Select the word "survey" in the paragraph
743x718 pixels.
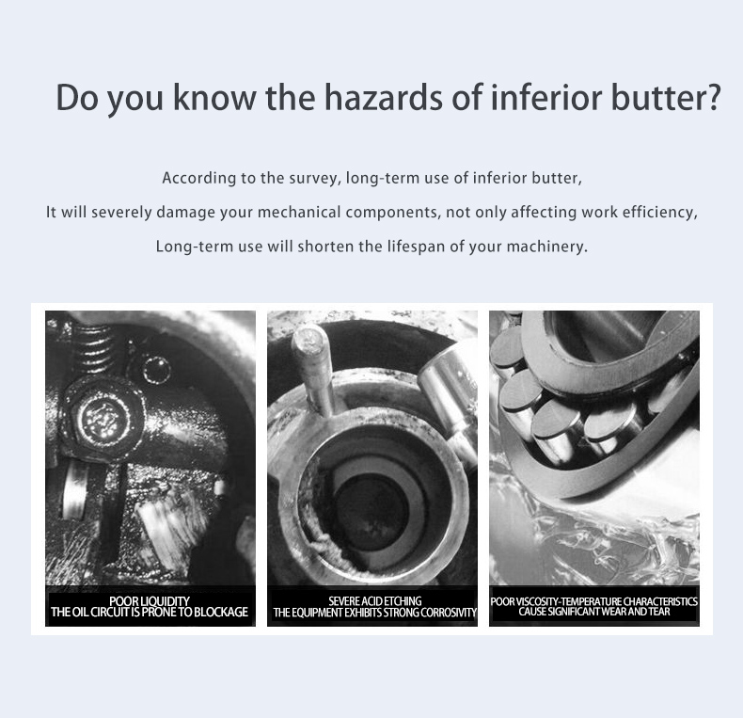click(314, 179)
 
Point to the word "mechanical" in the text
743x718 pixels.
click(299, 212)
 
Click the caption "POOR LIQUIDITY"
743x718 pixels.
click(150, 601)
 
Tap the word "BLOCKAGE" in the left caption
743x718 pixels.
click(220, 613)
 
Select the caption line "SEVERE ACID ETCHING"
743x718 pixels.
click(375, 601)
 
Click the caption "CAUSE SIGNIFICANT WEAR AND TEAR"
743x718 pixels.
click(594, 612)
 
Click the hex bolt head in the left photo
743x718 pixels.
click(104, 418)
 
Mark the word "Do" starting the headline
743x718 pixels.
click(76, 97)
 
